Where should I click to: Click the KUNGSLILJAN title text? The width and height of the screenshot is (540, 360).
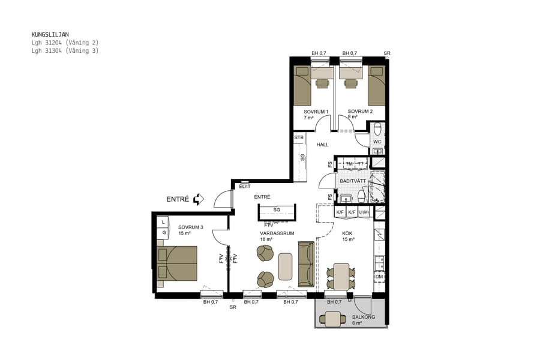click(50, 35)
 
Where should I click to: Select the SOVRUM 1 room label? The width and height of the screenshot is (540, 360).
click(316, 112)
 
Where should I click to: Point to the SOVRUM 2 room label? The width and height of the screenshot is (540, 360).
click(360, 112)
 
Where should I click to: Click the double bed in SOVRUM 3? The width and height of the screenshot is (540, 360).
click(177, 263)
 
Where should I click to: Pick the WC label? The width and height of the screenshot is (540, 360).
click(377, 142)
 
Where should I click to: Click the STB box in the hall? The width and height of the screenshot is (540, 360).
click(299, 138)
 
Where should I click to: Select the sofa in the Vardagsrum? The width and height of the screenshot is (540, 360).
click(305, 263)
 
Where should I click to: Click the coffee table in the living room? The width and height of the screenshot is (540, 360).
click(286, 267)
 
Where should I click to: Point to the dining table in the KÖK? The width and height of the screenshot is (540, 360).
click(341, 275)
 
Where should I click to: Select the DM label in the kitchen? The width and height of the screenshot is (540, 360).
click(379, 276)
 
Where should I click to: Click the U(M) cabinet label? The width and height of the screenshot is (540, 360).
click(365, 212)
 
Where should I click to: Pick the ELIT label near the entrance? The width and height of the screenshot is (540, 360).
click(245, 187)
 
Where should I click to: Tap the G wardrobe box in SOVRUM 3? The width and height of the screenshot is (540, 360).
click(163, 232)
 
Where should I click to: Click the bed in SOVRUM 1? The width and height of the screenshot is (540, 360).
click(303, 86)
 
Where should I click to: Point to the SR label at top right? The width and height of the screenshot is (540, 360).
click(387, 53)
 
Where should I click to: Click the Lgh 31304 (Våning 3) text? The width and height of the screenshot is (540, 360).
click(65, 51)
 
